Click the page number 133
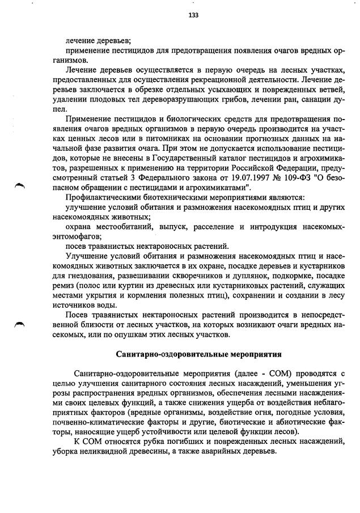193,15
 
